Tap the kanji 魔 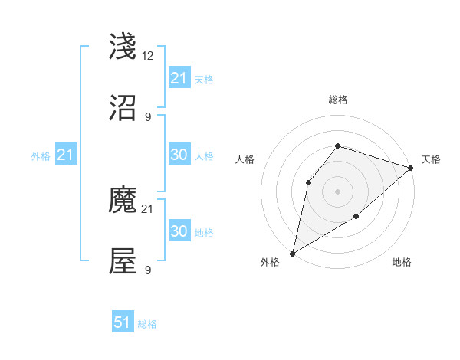pyautogui.click(x=123, y=201)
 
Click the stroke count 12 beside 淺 pyautogui.click(x=149, y=56)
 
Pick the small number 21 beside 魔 pyautogui.click(x=149, y=208)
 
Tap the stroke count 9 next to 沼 pyautogui.click(x=147, y=117)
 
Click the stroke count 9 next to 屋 pyautogui.click(x=147, y=270)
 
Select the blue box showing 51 pyautogui.click(x=123, y=322)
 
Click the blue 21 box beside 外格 pyautogui.click(x=66, y=155)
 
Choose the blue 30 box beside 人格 pyautogui.click(x=179, y=155)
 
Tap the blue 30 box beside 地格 pyautogui.click(x=179, y=231)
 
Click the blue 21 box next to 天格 pyautogui.click(x=179, y=78)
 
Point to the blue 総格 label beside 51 pyautogui.click(x=147, y=324)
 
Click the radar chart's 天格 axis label pyautogui.click(x=431, y=159)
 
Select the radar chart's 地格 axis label pyautogui.click(x=402, y=263)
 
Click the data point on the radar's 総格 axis pyautogui.click(x=337, y=146)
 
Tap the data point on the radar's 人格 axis pyautogui.click(x=308, y=182)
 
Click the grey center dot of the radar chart pyautogui.click(x=337, y=191)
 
